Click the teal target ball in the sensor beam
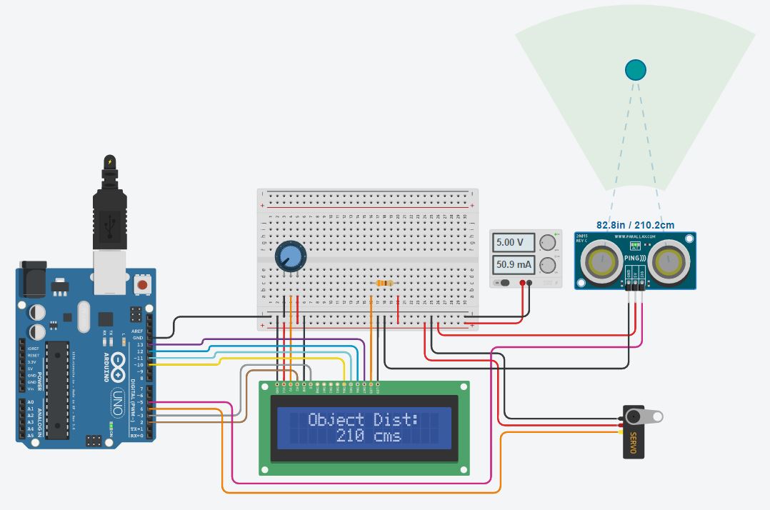click(x=635, y=69)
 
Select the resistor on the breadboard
click(x=384, y=284)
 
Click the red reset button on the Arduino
click(x=142, y=285)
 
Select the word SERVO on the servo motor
click(x=633, y=444)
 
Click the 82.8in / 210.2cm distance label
click(x=635, y=224)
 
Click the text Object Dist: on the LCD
click(x=364, y=419)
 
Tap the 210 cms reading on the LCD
click(x=368, y=436)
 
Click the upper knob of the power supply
click(x=549, y=242)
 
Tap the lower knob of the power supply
click(x=549, y=266)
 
